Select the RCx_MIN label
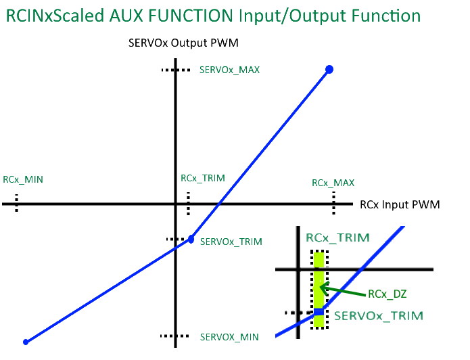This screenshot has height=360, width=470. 23,180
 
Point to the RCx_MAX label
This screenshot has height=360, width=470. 333,183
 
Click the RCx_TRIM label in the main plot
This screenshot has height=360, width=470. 203,179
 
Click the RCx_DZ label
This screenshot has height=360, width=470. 386,294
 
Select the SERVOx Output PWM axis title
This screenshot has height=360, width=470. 184,43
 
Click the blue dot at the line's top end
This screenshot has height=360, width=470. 329,69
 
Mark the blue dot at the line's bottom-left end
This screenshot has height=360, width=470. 26,342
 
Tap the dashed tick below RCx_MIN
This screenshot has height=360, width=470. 16,203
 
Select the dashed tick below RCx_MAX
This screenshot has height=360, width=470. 333,201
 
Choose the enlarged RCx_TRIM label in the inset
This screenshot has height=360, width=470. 337,238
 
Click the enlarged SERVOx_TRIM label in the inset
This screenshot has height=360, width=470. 379,315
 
